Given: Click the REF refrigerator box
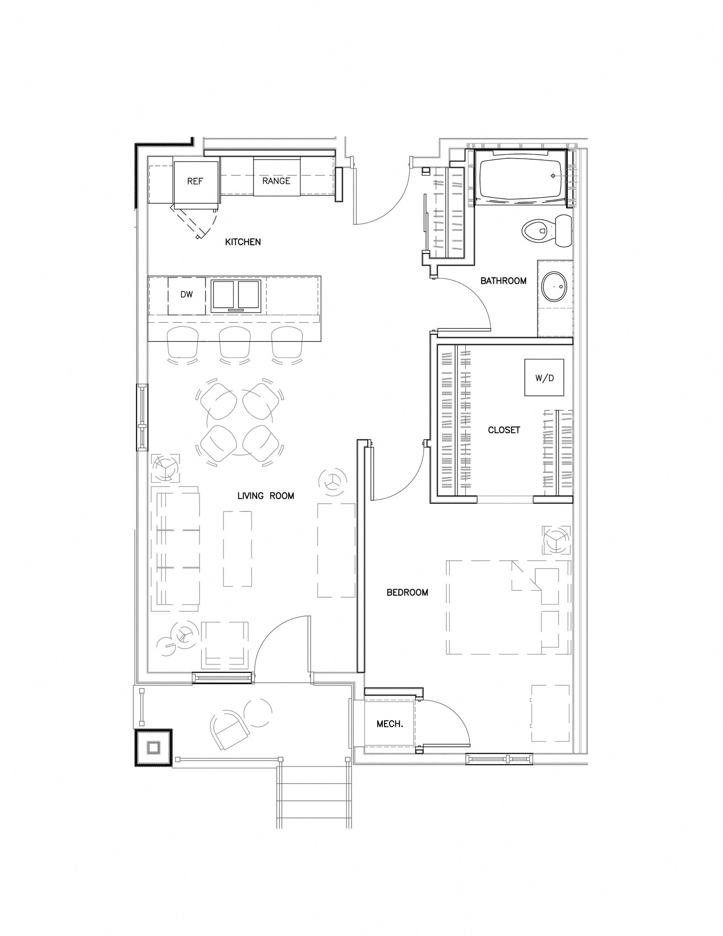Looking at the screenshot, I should click(195, 181).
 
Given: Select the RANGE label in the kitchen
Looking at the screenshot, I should click(276, 181).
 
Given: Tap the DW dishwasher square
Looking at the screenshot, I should click(186, 295).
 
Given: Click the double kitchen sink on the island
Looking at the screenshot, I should click(236, 296).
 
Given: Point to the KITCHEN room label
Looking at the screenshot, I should click(243, 242).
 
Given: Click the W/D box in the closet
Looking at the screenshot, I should click(544, 378).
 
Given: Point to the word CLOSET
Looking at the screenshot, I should click(504, 430).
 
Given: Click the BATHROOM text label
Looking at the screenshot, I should click(503, 281).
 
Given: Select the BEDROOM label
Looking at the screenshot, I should click(407, 593).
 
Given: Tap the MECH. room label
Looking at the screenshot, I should click(390, 724).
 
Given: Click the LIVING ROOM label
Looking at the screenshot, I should click(265, 496).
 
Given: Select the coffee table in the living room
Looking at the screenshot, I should click(237, 548).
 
